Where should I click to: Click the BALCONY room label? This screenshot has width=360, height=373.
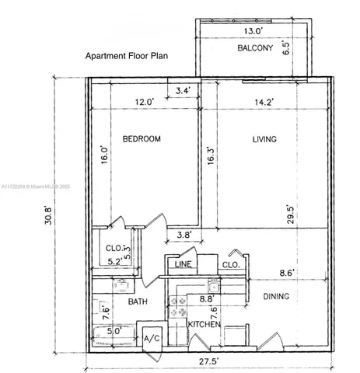pos(254,49)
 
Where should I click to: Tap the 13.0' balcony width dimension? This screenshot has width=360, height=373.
pos(253,31)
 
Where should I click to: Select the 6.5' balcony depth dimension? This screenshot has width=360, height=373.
pos(308,47)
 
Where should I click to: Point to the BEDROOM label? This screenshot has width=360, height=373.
pos(142,139)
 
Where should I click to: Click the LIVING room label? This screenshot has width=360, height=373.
pos(265,139)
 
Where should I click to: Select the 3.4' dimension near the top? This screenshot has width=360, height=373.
pos(183,91)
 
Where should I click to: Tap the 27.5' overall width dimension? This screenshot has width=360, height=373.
pos(206,361)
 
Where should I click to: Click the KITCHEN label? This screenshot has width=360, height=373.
pos(204,323)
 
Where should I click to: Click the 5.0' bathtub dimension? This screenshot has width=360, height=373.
pos(114,330)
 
